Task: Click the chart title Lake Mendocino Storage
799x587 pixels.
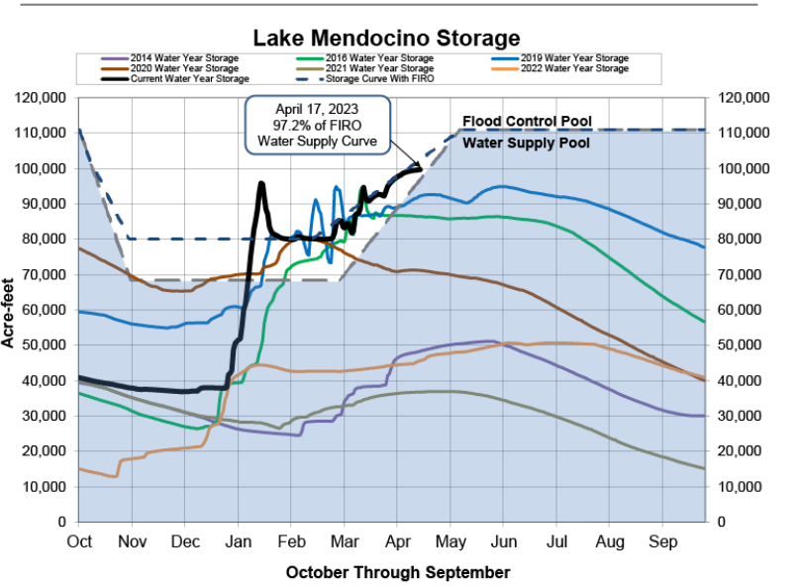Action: [x=386, y=38]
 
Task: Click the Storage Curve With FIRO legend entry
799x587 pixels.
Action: [x=380, y=78]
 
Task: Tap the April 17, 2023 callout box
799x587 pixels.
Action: [x=318, y=125]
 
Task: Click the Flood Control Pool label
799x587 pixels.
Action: [x=528, y=122]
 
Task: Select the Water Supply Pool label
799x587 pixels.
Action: [x=528, y=143]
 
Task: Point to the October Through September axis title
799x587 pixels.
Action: [x=398, y=572]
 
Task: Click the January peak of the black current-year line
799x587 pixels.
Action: [x=261, y=183]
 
